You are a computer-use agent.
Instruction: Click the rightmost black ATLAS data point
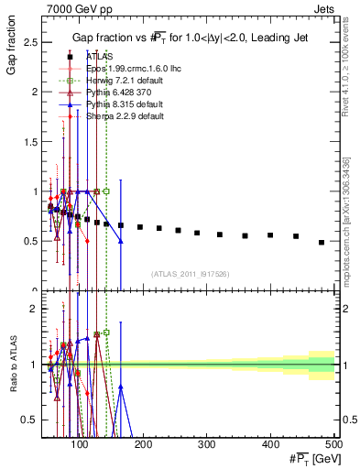point(321,243)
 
